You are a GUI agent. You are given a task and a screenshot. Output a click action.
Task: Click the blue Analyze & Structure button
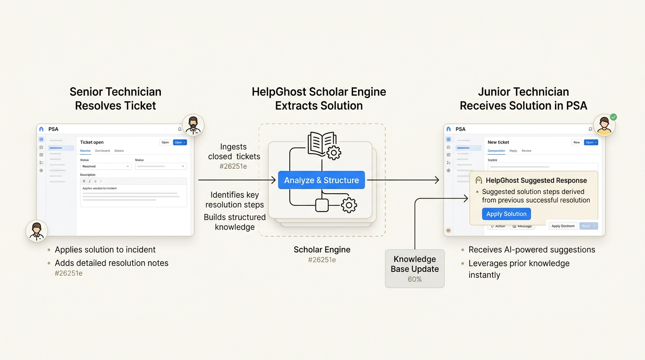tap(321, 180)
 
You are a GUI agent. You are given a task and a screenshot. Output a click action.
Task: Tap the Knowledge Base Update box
tap(414, 268)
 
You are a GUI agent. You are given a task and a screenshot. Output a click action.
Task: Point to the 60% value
tap(414, 279)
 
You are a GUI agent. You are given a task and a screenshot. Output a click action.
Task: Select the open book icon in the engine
tap(321, 143)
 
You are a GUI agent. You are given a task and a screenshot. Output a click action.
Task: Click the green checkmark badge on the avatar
tap(613, 117)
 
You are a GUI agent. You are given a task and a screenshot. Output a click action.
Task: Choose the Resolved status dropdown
tap(105, 166)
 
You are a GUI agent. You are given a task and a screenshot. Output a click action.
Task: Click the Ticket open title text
tap(92, 142)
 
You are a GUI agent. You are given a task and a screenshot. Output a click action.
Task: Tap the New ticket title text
tap(498, 142)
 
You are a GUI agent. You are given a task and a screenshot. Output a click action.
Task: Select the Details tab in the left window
tap(119, 151)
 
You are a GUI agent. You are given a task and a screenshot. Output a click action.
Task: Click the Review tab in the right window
tap(526, 151)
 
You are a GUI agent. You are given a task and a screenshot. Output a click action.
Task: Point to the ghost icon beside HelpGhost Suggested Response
tap(479, 180)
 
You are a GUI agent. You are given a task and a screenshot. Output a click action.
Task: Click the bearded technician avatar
tap(193, 125)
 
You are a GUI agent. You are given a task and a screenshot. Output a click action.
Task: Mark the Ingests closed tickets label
tap(233, 152)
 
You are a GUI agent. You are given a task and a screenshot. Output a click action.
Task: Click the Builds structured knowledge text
tap(234, 222)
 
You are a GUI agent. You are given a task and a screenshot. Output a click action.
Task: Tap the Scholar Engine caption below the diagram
tap(322, 250)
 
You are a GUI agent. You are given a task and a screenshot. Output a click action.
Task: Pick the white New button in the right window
tap(577, 142)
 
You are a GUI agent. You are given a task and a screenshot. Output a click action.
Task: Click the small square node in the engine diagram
tap(322, 205)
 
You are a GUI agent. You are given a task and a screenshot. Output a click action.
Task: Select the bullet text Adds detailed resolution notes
tap(112, 263)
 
